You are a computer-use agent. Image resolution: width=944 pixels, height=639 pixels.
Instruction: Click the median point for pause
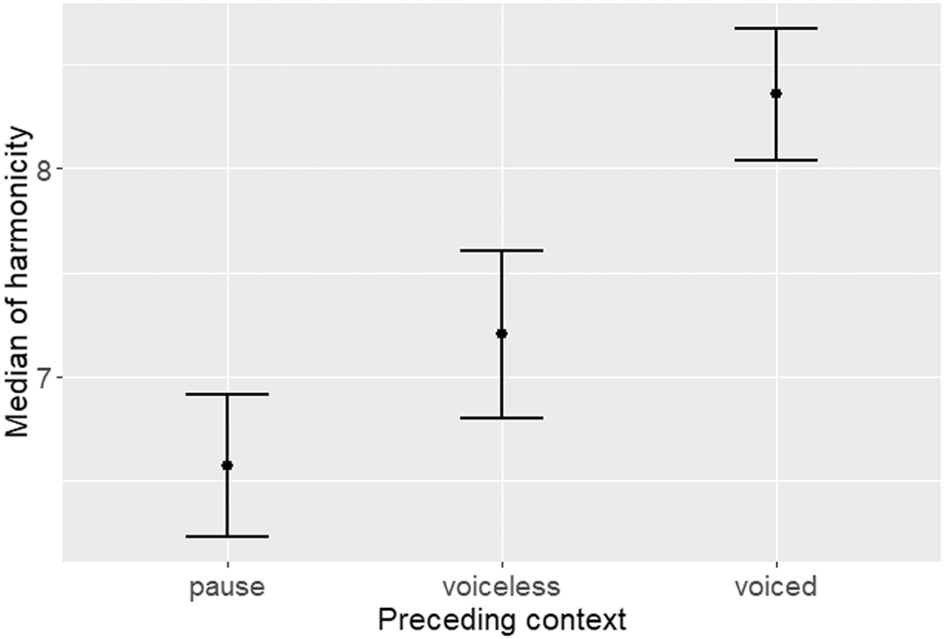(x=227, y=465)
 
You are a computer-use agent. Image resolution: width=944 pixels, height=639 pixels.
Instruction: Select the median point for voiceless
(x=502, y=334)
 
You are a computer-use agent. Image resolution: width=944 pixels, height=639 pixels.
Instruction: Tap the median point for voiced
(x=776, y=94)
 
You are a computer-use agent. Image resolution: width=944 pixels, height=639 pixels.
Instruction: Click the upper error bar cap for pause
(x=227, y=394)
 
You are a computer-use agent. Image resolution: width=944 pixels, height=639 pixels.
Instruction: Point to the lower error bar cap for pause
(x=227, y=537)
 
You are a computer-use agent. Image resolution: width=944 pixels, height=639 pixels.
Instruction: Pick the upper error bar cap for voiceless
(x=502, y=251)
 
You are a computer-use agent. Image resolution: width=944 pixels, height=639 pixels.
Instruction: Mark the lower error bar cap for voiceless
(x=502, y=418)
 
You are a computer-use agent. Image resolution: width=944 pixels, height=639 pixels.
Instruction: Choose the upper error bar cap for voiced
(x=776, y=28)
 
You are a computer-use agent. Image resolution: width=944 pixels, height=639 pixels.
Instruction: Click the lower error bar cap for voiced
(x=776, y=160)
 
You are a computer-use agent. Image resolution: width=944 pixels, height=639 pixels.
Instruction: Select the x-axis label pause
(x=227, y=587)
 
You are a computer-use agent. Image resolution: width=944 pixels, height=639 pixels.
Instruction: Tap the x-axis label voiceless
(x=502, y=587)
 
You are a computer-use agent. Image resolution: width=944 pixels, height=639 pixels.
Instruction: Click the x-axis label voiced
(x=776, y=587)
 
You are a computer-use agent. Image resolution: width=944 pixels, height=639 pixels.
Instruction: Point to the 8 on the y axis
(x=43, y=169)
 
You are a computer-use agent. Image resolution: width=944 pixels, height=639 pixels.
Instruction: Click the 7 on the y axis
(x=43, y=378)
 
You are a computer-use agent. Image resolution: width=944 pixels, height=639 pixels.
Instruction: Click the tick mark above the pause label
(x=227, y=564)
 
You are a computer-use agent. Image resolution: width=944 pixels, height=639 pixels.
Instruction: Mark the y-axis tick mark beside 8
(x=60, y=169)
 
